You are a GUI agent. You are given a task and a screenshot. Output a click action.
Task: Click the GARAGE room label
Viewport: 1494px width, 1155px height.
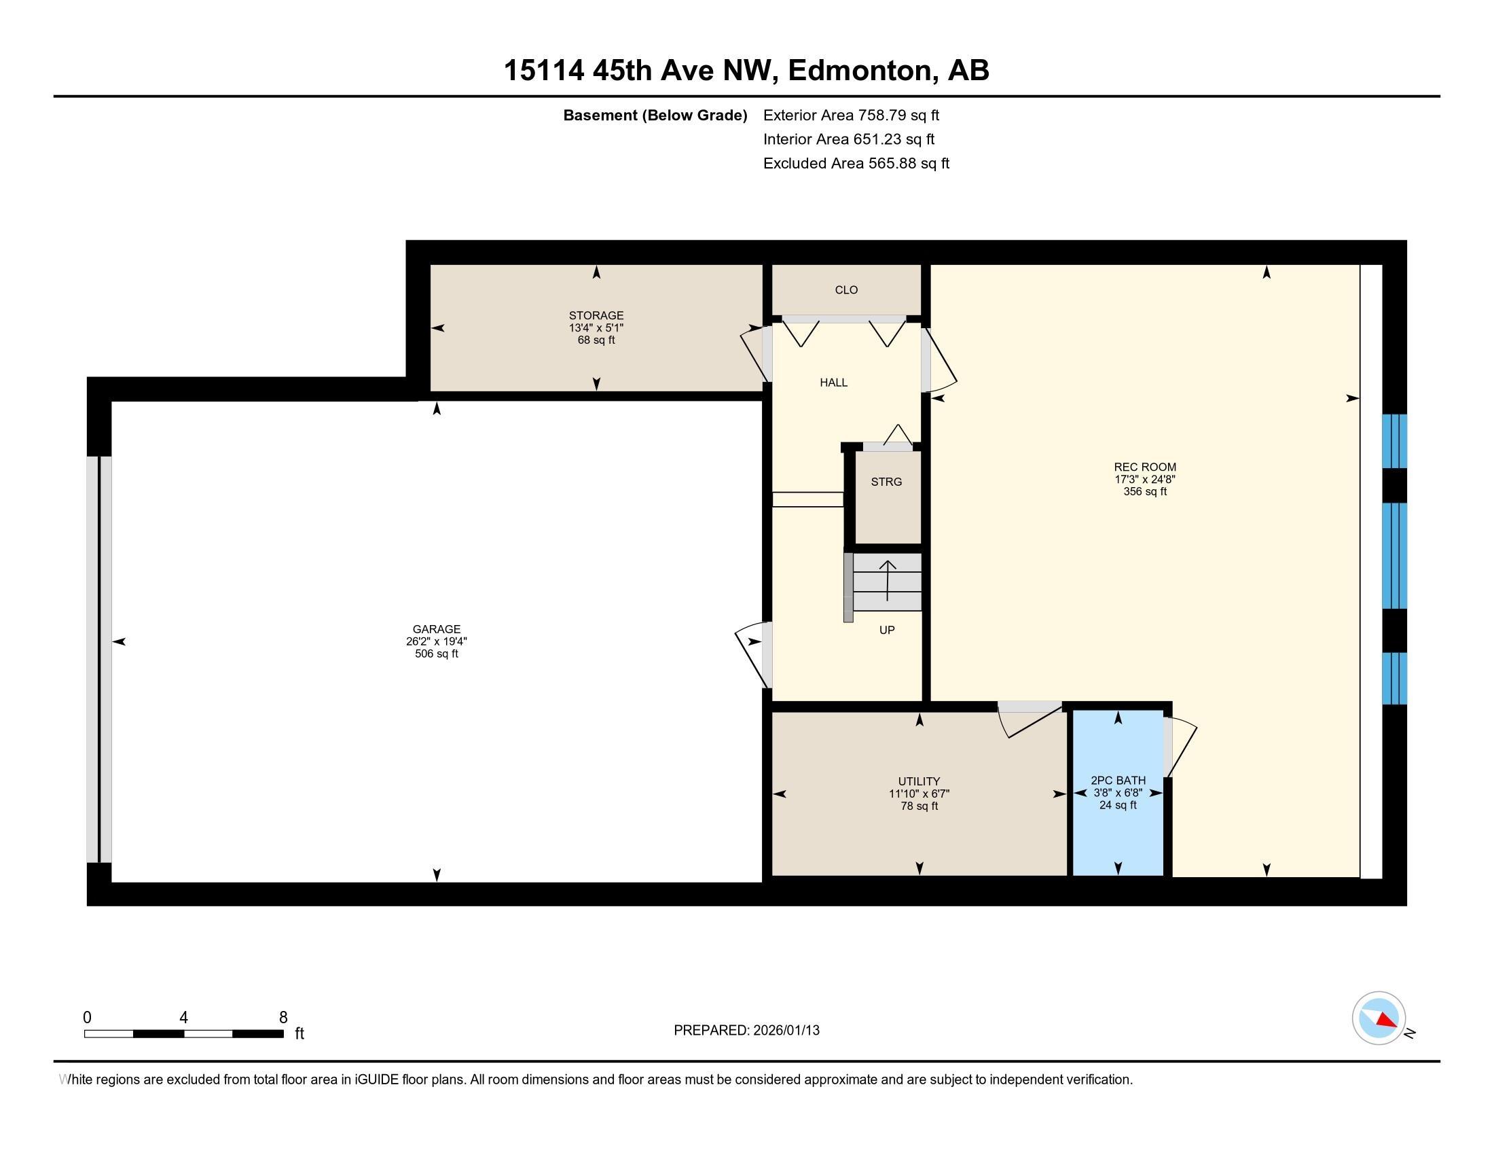pyautogui.click(x=437, y=629)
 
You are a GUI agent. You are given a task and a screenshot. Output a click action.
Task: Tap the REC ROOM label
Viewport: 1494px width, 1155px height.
pyautogui.click(x=1144, y=467)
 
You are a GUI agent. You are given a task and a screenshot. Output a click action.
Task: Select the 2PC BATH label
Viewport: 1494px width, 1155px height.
pyautogui.click(x=1118, y=780)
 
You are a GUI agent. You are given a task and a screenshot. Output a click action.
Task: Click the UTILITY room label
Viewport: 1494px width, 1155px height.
pyautogui.click(x=919, y=781)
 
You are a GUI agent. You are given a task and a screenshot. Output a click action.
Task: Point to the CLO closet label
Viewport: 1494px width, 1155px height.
pyautogui.click(x=846, y=290)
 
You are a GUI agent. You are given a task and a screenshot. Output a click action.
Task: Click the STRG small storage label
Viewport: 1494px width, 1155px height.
pyautogui.click(x=886, y=482)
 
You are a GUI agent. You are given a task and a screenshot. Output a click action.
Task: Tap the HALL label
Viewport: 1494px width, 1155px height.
pyautogui.click(x=833, y=383)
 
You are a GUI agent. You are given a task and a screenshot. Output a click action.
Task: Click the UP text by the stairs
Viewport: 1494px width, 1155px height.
pyautogui.click(x=886, y=630)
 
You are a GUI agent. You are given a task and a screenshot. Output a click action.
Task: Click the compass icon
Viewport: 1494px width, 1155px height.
pyautogui.click(x=1379, y=1018)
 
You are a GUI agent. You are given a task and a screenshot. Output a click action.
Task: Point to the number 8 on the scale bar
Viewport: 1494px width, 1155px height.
pyautogui.click(x=283, y=1018)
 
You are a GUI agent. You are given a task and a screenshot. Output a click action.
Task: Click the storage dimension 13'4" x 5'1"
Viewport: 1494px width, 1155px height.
pyautogui.click(x=596, y=327)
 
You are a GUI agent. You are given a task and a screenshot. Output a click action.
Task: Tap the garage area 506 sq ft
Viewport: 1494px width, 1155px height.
pyautogui.click(x=437, y=654)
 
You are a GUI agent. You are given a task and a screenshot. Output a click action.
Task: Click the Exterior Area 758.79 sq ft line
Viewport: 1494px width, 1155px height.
pyautogui.click(x=851, y=115)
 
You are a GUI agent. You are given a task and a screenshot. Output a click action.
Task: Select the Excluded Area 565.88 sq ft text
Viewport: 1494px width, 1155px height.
pyautogui.click(x=856, y=164)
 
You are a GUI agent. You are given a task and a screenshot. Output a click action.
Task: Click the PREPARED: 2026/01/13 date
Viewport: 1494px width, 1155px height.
pyautogui.click(x=746, y=1030)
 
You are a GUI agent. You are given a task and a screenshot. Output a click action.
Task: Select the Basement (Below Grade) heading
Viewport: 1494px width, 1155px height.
pyautogui.click(x=655, y=115)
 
